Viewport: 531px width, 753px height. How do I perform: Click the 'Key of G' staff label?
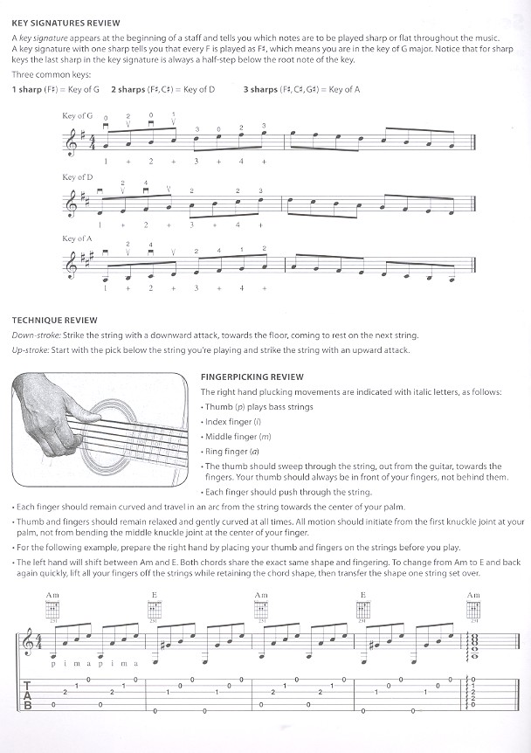pyautogui.click(x=78, y=115)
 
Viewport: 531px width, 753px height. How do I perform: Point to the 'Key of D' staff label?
pyautogui.click(x=78, y=177)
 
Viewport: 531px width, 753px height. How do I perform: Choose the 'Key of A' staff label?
pyautogui.click(x=78, y=238)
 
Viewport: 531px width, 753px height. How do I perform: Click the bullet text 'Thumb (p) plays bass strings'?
pyautogui.click(x=251, y=407)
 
